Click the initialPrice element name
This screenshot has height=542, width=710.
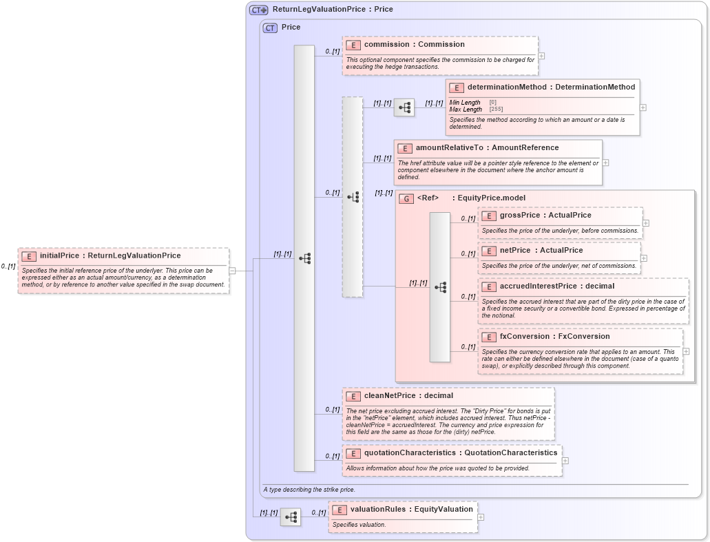click(110, 256)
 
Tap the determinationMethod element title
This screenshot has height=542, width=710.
click(551, 87)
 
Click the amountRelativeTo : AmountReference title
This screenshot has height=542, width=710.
click(487, 147)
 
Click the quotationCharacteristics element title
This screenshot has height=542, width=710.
click(461, 452)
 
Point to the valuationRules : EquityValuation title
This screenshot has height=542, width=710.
click(411, 509)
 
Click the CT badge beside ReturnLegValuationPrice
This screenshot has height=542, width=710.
click(258, 10)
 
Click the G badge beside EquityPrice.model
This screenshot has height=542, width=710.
click(406, 198)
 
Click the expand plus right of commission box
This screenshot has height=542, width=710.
click(541, 56)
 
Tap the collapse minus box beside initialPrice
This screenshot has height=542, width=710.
click(232, 271)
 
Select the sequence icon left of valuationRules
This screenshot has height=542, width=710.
click(291, 517)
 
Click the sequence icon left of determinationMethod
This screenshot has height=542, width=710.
click(404, 107)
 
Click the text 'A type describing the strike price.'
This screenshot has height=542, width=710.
click(309, 490)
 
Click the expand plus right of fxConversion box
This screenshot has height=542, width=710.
click(686, 351)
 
